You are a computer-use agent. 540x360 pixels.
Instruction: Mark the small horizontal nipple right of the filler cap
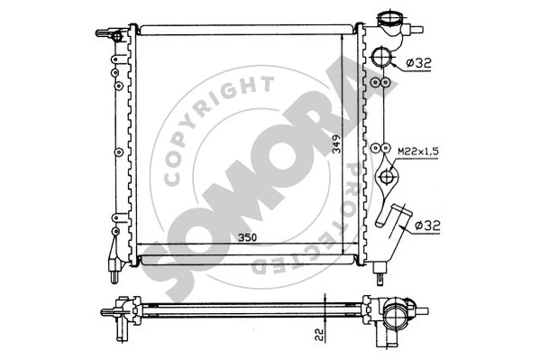pos(416,30)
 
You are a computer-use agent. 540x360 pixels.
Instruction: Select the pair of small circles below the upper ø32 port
pos(380,83)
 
